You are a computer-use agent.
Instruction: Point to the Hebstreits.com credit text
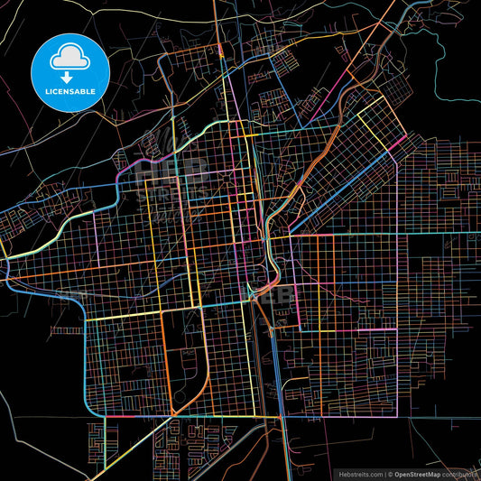(x=360, y=473)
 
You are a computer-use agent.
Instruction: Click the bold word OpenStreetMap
(x=423, y=473)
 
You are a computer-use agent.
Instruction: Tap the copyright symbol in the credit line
(x=390, y=473)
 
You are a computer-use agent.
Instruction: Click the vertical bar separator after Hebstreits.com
(x=384, y=473)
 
